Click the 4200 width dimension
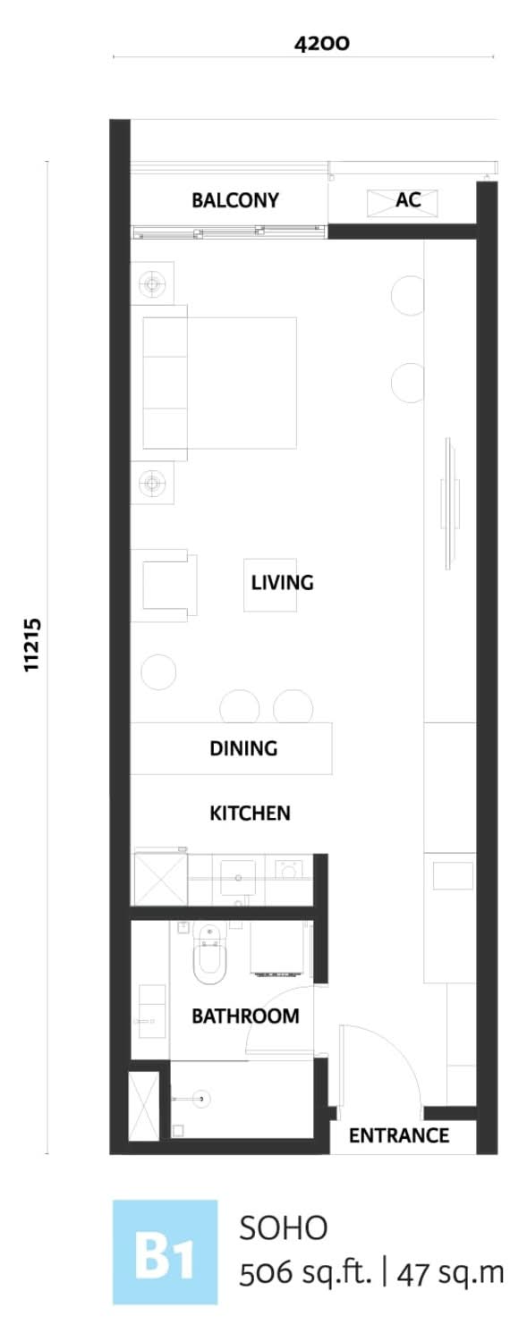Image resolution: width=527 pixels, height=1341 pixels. click(321, 44)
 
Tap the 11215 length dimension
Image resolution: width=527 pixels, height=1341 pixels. click(31, 645)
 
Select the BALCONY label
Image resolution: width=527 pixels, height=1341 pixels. click(234, 200)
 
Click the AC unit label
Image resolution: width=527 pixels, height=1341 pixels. click(408, 199)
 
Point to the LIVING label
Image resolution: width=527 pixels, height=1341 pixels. click(282, 583)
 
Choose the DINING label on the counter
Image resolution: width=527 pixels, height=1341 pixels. click(243, 748)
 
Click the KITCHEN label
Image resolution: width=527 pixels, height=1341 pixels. click(250, 813)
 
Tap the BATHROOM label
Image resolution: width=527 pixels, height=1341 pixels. click(245, 1016)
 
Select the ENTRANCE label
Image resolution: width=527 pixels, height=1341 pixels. click(399, 1135)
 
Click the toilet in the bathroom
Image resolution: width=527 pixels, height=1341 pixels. click(209, 953)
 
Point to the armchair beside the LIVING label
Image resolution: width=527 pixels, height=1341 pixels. click(169, 586)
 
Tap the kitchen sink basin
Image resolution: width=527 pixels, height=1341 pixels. click(238, 878)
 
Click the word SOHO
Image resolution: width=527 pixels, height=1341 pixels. click(284, 1228)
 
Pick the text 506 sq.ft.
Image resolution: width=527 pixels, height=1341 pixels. click(306, 1273)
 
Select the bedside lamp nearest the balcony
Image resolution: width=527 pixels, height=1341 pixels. click(153, 283)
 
